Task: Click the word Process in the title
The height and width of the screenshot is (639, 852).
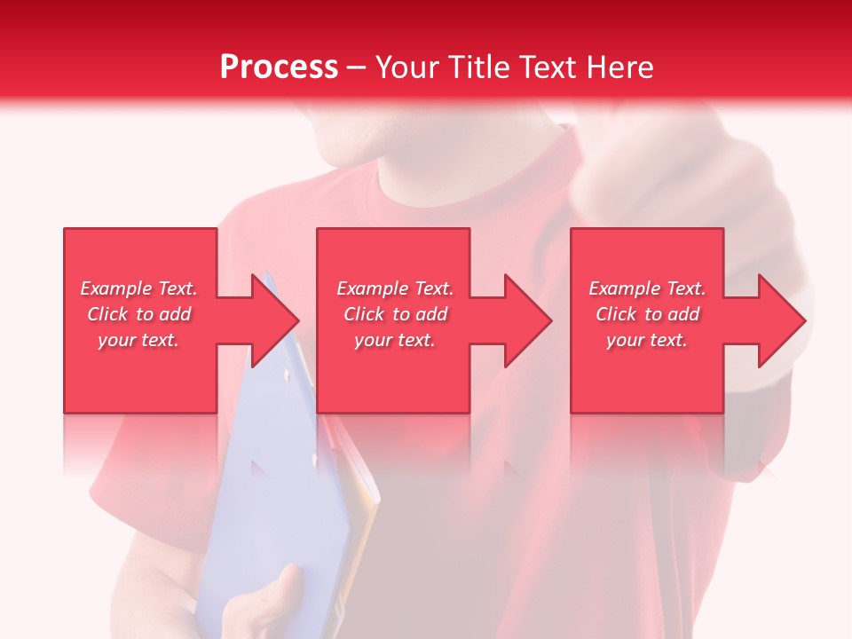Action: (279, 67)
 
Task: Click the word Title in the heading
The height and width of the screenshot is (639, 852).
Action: (479, 67)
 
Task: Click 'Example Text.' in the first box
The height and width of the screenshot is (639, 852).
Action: (138, 288)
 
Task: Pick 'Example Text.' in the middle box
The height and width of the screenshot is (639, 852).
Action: (395, 288)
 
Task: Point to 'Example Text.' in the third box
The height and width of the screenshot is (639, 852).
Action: (647, 288)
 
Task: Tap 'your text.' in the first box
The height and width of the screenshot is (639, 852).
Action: (138, 340)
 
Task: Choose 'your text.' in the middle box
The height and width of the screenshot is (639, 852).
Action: (395, 340)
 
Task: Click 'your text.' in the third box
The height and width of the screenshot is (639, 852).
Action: (647, 340)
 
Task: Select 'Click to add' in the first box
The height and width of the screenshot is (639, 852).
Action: (138, 314)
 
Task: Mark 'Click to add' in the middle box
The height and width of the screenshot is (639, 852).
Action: (395, 314)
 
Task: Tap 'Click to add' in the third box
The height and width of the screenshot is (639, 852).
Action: (647, 314)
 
